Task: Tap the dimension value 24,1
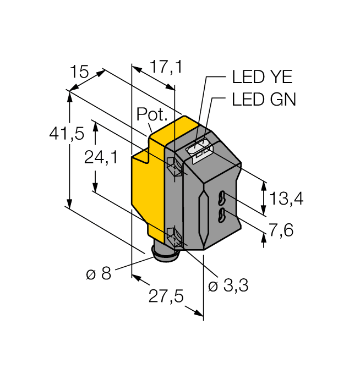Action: (x=101, y=158)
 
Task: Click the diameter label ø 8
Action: (x=99, y=273)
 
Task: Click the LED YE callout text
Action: (x=263, y=76)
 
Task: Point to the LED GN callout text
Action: (x=264, y=100)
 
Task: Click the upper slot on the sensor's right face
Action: (x=222, y=197)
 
